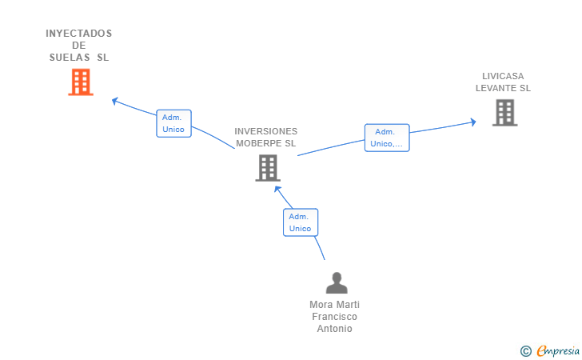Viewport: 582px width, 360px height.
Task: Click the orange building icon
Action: tap(81, 82)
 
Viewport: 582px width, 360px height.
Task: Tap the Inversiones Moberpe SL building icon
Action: tap(267, 168)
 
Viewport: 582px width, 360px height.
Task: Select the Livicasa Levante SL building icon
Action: tap(504, 113)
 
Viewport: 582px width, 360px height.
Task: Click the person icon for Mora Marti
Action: tap(337, 282)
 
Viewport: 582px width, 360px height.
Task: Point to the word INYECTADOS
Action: tap(79, 34)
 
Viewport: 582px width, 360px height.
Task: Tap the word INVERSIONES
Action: tap(266, 131)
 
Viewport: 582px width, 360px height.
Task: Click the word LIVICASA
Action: tap(503, 76)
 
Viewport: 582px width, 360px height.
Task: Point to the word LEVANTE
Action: tap(496, 88)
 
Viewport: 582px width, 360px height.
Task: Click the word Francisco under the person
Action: tap(335, 317)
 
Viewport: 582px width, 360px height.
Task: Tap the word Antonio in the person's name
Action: tap(335, 329)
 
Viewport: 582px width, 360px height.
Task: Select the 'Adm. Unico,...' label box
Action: tap(387, 138)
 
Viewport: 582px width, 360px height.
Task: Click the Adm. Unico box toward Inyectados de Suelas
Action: tap(173, 123)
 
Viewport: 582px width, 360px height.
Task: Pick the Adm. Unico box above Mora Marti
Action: tap(301, 222)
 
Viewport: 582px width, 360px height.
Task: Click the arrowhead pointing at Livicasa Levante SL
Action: tap(473, 122)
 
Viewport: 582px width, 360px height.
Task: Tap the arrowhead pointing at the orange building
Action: tap(115, 101)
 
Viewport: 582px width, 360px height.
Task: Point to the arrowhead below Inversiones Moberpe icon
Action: tap(277, 189)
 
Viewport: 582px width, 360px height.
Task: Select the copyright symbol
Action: tap(525, 350)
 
